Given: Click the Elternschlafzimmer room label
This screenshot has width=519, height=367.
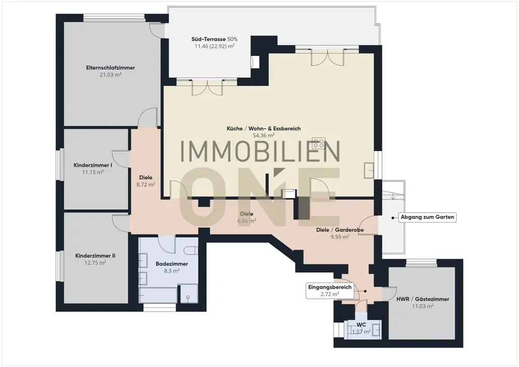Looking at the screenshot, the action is pos(111,67).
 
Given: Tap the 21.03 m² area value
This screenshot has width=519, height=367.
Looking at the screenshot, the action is pos(111,75).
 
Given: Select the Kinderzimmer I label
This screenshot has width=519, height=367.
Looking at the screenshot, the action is pos(93,165).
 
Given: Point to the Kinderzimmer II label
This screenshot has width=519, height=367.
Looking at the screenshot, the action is pos(95,256).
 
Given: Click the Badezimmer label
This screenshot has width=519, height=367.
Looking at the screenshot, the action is pos(172,264).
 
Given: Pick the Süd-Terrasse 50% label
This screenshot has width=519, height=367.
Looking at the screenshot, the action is pos(214,39).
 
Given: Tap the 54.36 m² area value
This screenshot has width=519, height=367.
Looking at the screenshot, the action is pos(264,135).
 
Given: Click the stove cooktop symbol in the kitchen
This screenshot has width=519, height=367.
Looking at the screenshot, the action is pos(319,143).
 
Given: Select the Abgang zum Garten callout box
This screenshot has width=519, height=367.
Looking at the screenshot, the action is pos(427,218).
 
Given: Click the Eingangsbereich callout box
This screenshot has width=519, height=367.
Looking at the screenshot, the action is pos(330,291).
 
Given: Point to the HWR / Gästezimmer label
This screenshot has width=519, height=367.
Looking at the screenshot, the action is pos(422,299).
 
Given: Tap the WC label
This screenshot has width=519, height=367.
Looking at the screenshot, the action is pos(361,324).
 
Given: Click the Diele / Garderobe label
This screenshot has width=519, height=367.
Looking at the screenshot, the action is pos(340,229).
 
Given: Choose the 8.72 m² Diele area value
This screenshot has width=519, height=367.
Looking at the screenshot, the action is pos(146,185).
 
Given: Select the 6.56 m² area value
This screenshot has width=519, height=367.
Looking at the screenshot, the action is pos(247,221).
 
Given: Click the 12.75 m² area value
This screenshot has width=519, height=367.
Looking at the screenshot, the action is pos(95,263).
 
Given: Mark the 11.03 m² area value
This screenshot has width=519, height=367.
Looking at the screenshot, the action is pos(422,306).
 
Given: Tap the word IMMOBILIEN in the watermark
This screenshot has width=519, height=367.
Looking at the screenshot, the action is pos(261,152).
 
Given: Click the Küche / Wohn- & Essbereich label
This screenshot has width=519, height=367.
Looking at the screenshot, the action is pos(264,128).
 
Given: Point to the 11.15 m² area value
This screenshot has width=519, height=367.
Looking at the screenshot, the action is pos(93,172).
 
